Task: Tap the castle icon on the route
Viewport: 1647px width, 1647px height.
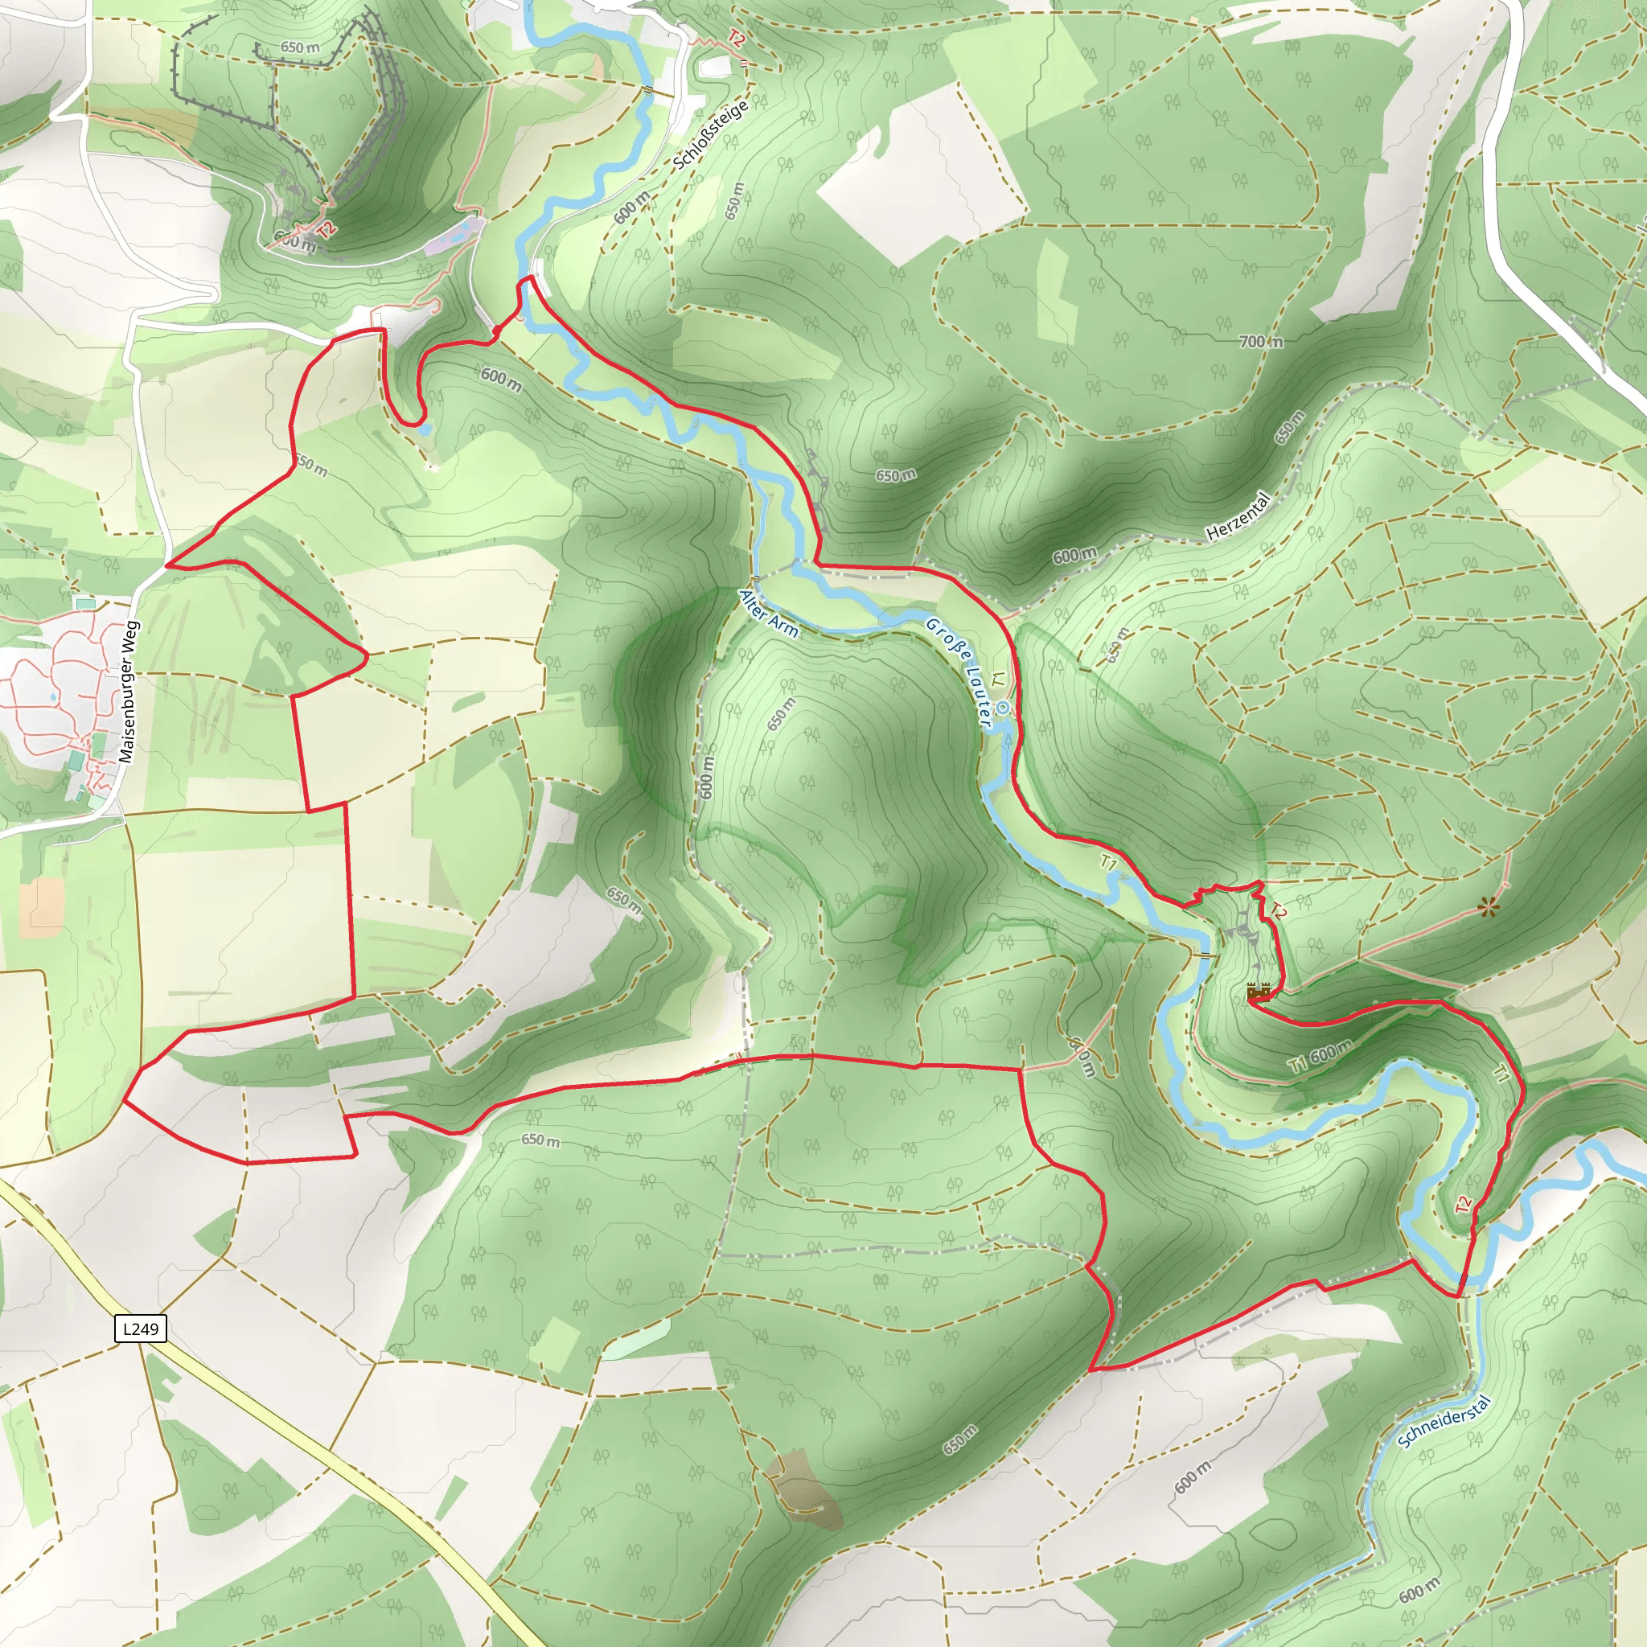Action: tap(1259, 992)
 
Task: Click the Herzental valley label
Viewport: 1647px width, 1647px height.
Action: tap(1238, 516)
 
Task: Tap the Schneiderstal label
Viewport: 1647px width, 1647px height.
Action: tap(1444, 1421)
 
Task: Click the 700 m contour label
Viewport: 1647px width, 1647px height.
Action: tap(1261, 342)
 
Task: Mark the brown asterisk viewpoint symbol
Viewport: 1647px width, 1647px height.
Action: tap(1489, 909)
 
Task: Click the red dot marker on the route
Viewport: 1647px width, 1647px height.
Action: tap(496, 330)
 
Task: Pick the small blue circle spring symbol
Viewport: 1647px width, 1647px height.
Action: tap(1004, 707)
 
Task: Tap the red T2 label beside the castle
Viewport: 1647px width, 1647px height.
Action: tap(1276, 912)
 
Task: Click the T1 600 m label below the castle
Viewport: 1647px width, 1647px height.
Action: tap(1320, 1057)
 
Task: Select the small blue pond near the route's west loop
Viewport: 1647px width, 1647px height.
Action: tap(425, 429)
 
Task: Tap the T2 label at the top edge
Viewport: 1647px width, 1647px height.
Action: tap(737, 39)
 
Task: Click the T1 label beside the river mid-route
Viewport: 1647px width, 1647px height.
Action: tap(1108, 863)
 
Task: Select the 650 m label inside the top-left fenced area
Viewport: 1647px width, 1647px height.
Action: tap(300, 47)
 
